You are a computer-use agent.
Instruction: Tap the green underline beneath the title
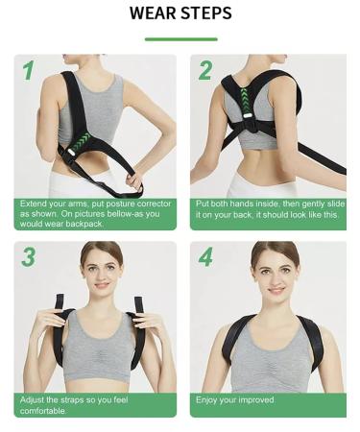[180, 39]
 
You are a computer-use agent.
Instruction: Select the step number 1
[28, 71]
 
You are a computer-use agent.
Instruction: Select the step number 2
[204, 71]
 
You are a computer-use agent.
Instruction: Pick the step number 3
[28, 257]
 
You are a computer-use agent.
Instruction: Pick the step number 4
[204, 257]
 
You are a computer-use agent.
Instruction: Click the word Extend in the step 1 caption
[33, 204]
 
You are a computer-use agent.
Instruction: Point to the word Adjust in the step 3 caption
[32, 399]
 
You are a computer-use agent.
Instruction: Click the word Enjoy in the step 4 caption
[207, 399]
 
